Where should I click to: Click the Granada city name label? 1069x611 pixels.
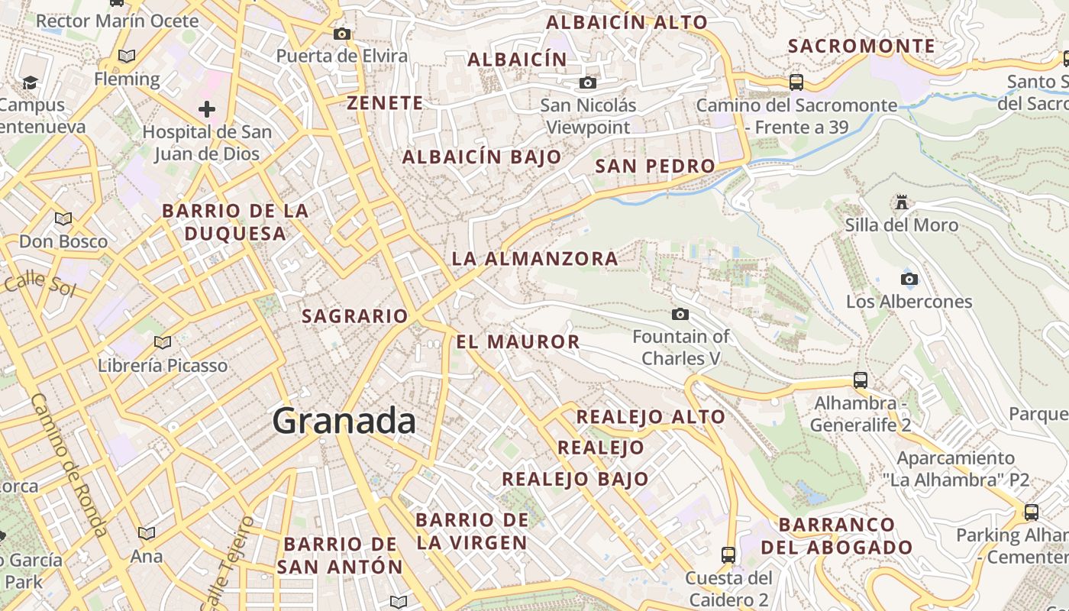344,422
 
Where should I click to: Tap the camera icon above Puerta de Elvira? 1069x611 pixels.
342,34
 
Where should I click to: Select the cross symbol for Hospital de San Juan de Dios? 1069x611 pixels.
206,109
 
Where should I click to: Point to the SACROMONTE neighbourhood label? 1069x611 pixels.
861,46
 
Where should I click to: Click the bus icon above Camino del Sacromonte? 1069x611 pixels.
796,82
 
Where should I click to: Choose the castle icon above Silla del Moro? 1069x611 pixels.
902,202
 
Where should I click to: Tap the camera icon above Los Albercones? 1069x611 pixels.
909,279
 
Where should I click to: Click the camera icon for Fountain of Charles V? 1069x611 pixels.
680,314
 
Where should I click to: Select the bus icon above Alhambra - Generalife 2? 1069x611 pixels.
861,380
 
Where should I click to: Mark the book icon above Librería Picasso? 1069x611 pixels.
162,342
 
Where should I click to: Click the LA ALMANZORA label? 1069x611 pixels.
534,258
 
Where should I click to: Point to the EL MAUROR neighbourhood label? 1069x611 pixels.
518,341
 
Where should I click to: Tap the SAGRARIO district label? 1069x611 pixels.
355,315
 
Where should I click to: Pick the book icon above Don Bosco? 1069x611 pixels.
63,219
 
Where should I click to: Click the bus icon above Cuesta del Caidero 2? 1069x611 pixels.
728,554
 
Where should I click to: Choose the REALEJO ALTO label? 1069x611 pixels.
651,416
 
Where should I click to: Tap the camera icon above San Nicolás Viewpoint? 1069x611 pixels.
587,82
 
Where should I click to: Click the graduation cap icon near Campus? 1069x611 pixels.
30,82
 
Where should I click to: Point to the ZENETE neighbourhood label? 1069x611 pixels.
385,103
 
